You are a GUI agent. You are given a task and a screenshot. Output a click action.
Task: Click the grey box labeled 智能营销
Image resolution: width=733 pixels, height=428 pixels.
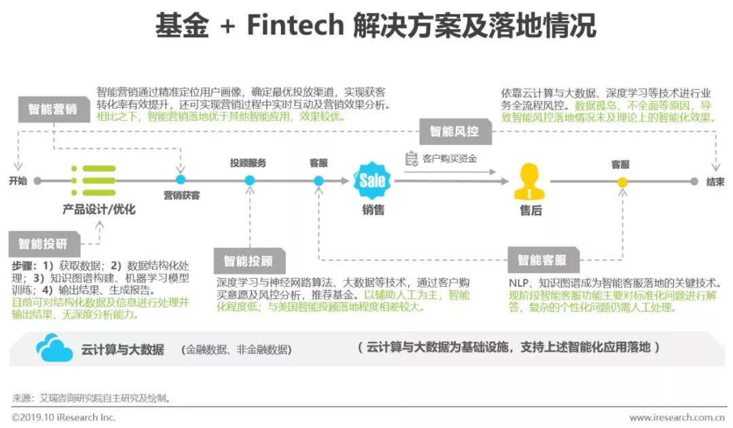pyautogui.click(x=52, y=110)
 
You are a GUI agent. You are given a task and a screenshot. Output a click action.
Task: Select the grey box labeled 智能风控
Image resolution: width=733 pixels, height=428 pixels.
pyautogui.click(x=454, y=131)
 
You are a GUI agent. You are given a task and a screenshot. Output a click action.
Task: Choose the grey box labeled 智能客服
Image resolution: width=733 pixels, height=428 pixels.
pyautogui.click(x=542, y=260)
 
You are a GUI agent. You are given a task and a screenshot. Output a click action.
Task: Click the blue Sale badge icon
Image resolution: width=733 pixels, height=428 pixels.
pyautogui.click(x=372, y=180)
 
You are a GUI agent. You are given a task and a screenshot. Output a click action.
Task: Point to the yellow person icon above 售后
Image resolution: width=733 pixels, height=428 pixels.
pyautogui.click(x=530, y=181)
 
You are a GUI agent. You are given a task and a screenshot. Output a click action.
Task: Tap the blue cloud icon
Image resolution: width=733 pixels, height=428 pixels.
pyautogui.click(x=54, y=348)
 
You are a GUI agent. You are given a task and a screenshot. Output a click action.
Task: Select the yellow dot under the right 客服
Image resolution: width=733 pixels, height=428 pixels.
pyautogui.click(x=622, y=182)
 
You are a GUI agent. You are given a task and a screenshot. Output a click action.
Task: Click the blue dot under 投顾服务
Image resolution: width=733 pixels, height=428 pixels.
pyautogui.click(x=250, y=180)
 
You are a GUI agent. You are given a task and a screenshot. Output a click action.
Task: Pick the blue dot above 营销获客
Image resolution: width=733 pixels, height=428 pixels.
pyautogui.click(x=181, y=180)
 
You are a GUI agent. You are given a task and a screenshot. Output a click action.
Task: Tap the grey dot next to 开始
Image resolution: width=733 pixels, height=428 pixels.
pyautogui.click(x=38, y=181)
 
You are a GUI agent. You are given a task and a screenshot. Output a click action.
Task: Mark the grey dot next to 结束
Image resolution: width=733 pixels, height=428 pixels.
pyautogui.click(x=694, y=182)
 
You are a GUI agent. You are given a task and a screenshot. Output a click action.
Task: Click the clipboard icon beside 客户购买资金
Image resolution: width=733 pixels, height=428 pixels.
pyautogui.click(x=411, y=159)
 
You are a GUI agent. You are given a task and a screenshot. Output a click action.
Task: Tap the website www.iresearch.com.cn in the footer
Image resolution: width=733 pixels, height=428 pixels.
pyautogui.click(x=676, y=418)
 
